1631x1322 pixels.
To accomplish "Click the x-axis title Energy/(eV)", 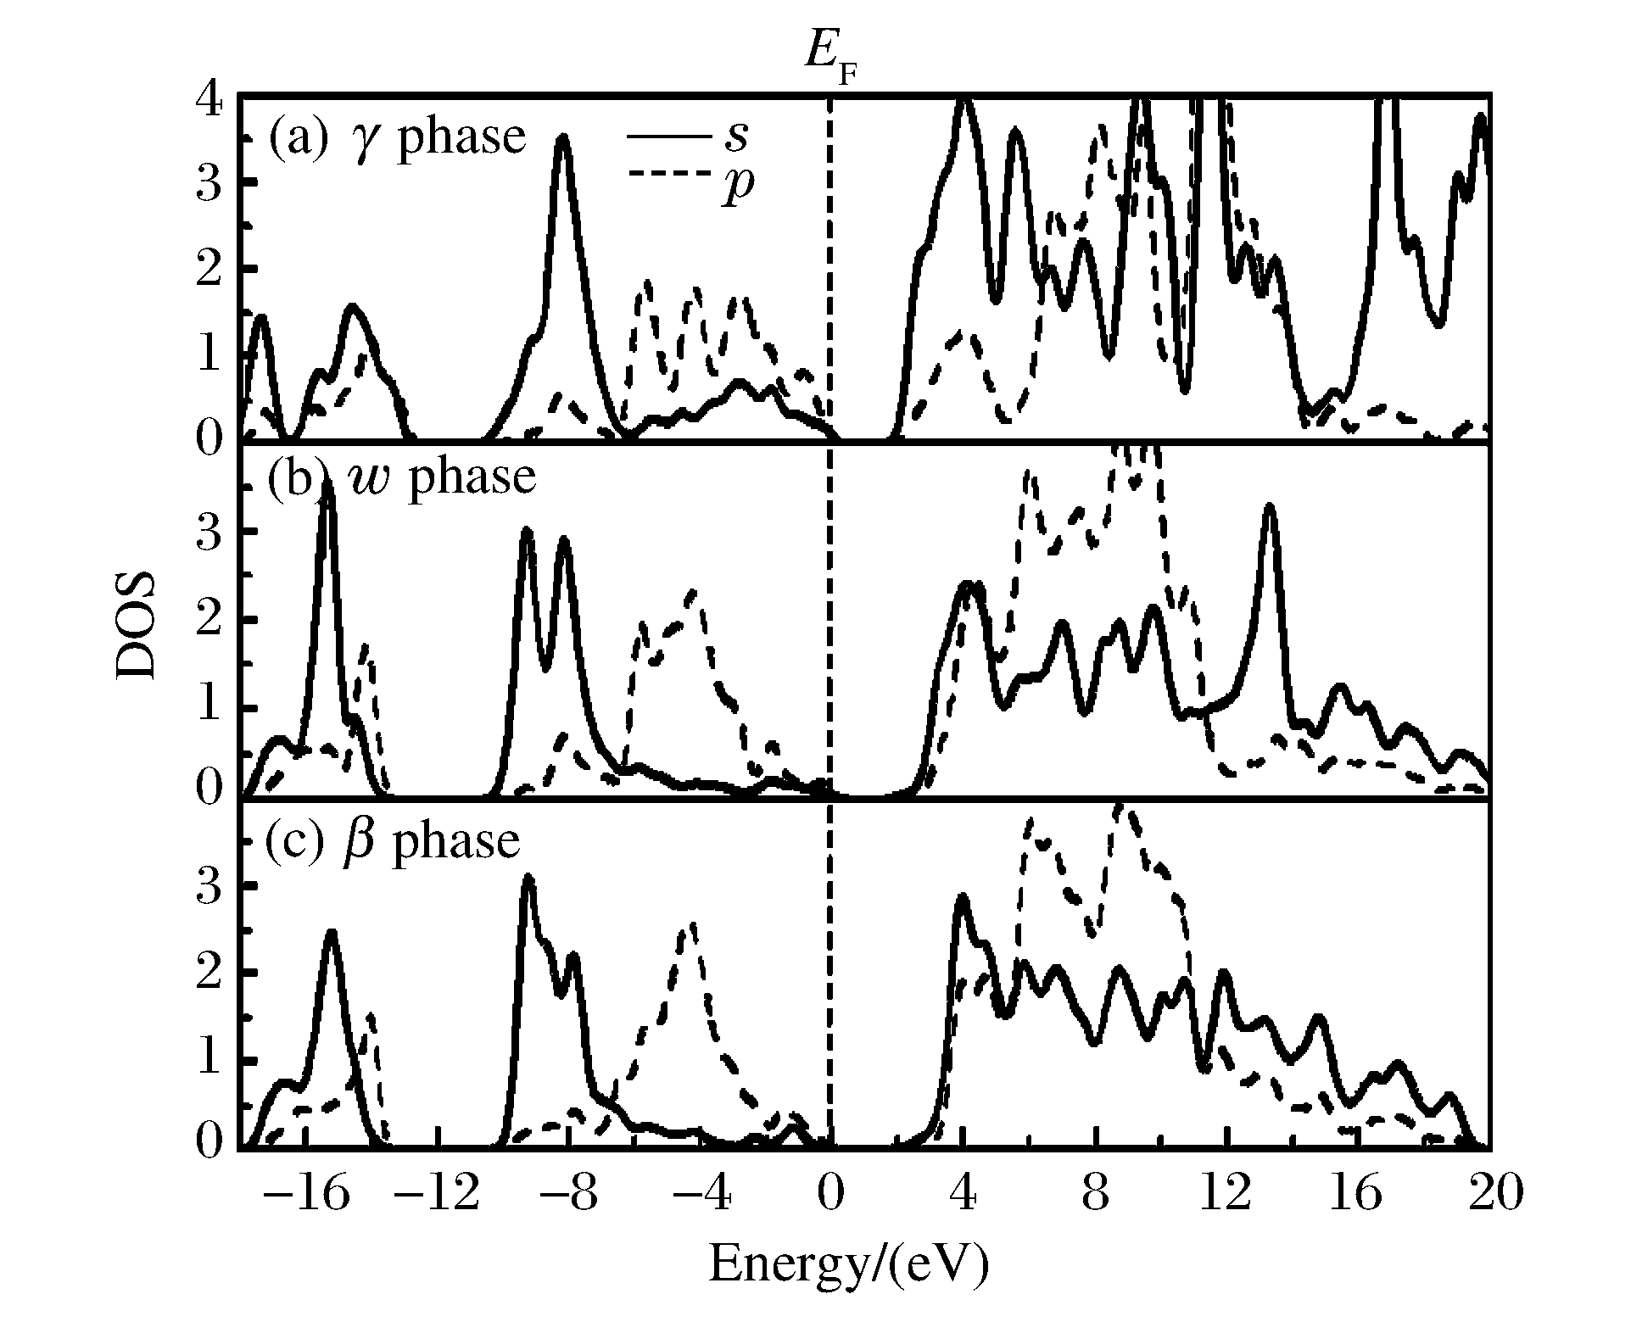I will [x=848, y=1264].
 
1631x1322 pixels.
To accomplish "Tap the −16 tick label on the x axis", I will [x=304, y=1195].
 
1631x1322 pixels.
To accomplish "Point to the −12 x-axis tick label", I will [x=435, y=1195].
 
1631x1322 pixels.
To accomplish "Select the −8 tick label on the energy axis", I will [x=567, y=1195].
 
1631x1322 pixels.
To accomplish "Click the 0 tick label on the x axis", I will [x=830, y=1195].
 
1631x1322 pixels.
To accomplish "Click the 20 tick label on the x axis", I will [x=1490, y=1195].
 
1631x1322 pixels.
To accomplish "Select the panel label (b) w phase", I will [x=401, y=477].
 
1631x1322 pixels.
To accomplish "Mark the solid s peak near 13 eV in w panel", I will [x=1270, y=507].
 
